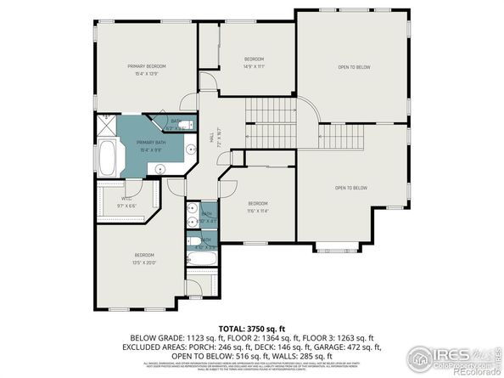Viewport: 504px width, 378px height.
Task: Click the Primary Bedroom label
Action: (x=146, y=65)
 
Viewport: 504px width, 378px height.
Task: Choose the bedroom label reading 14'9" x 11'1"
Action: (x=255, y=65)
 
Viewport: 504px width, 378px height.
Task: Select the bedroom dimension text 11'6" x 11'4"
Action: (x=258, y=212)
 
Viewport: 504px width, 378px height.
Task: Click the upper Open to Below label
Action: (x=354, y=67)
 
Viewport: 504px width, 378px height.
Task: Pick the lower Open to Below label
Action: (x=350, y=187)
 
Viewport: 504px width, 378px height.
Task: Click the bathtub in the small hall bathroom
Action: (x=202, y=262)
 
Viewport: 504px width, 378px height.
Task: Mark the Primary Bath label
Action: (x=150, y=143)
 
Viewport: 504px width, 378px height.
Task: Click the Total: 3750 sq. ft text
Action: (x=252, y=327)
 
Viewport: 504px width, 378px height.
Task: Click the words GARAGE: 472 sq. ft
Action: (x=355, y=346)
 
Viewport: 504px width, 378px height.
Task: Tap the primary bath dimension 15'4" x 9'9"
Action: (x=150, y=150)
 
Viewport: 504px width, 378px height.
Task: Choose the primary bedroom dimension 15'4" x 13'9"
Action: (x=146, y=74)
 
